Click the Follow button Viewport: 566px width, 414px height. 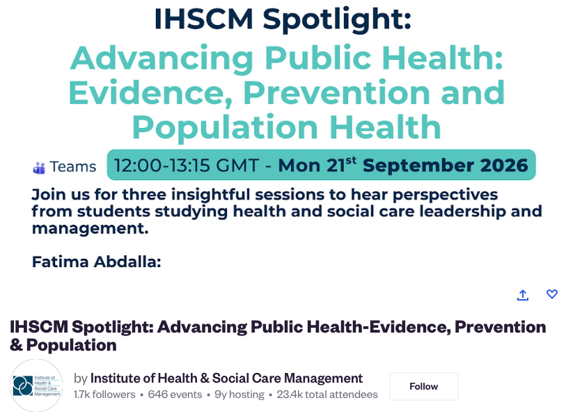pyautogui.click(x=423, y=386)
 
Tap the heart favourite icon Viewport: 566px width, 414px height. pyautogui.click(x=551, y=294)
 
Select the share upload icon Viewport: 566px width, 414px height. pyautogui.click(x=523, y=294)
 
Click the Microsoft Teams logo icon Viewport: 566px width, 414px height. pyautogui.click(x=39, y=168)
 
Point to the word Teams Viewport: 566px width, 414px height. pyautogui.click(x=73, y=166)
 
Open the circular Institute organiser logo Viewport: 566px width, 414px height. pyautogui.click(x=36, y=385)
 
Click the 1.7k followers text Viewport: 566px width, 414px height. pyautogui.click(x=104, y=395)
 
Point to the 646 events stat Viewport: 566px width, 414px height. pyautogui.click(x=175, y=395)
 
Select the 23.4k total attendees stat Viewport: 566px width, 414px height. pyautogui.click(x=327, y=395)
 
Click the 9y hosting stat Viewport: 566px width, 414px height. pyautogui.click(x=239, y=395)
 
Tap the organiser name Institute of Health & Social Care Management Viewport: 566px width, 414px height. pyautogui.click(x=226, y=379)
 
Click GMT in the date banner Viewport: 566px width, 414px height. pyautogui.click(x=237, y=166)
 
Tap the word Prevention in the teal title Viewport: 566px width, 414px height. pyautogui.click(x=336, y=93)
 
